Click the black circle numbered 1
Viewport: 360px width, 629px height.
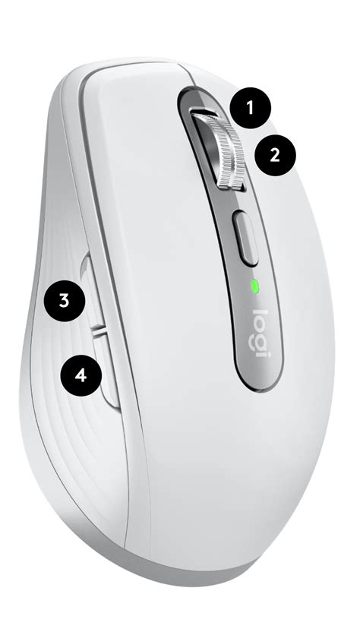[252, 109]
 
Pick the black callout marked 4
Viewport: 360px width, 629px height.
[81, 375]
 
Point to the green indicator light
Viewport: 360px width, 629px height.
[254, 287]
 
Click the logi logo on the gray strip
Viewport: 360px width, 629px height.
[260, 332]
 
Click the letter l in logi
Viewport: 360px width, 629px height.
[259, 314]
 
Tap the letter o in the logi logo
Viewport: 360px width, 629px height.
[258, 324]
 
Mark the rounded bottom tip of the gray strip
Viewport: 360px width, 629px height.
[259, 384]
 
